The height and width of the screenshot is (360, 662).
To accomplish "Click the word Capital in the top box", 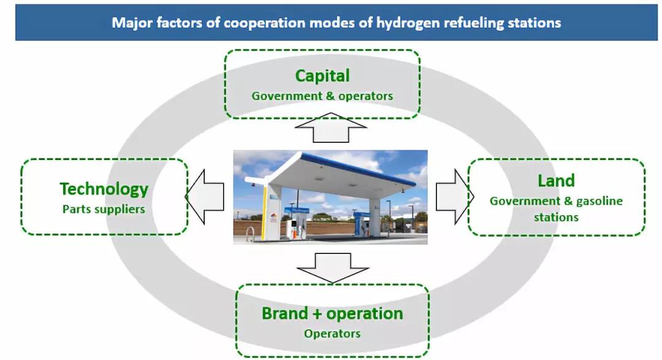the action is [x=322, y=76].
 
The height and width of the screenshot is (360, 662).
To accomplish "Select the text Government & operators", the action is [x=322, y=96].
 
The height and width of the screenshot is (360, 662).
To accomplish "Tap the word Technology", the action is [x=104, y=190].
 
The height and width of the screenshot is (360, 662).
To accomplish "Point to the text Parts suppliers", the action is [x=104, y=209].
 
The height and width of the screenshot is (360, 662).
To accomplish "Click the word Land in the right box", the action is [x=556, y=181].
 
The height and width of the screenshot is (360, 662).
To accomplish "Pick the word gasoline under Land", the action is [x=599, y=201].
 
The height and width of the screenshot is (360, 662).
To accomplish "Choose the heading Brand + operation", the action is [x=332, y=313].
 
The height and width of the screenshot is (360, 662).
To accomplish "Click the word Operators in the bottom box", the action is [x=332, y=334].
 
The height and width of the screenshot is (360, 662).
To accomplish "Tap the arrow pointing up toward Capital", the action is [x=331, y=127].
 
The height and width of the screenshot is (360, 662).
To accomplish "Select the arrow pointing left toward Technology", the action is [x=205, y=196].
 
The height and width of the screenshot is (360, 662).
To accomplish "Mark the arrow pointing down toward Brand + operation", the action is [x=333, y=268].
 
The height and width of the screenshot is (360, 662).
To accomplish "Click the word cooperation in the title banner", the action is [x=264, y=23].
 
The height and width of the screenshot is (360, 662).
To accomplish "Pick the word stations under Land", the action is [x=556, y=217].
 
